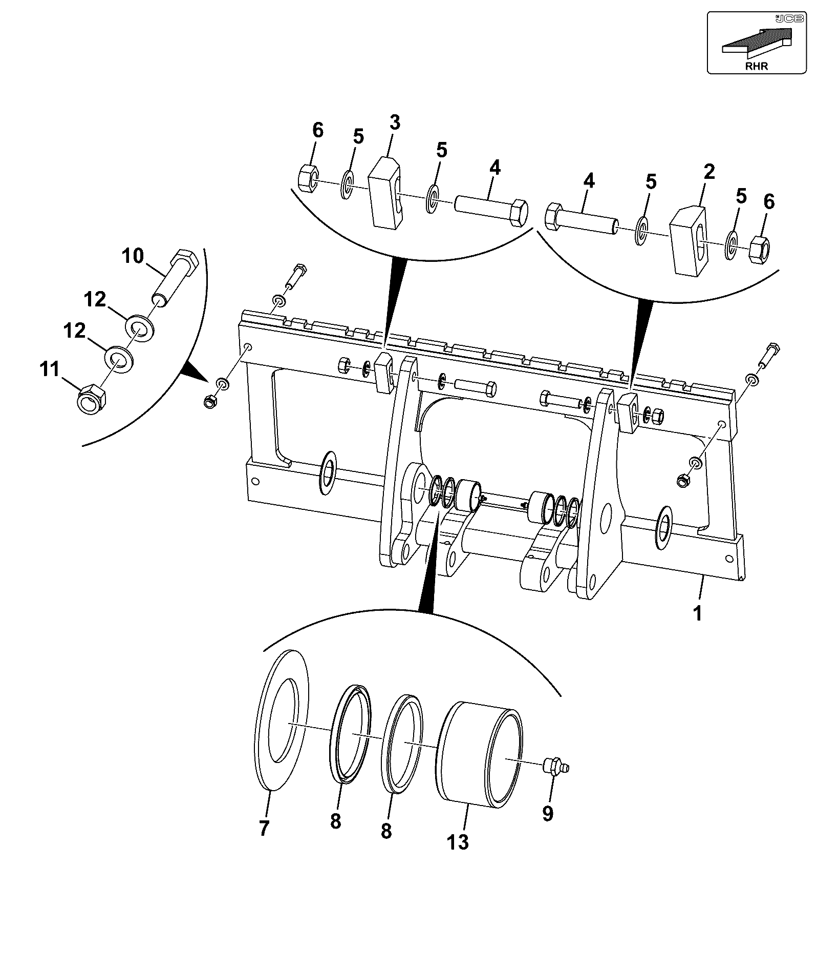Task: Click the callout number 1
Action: [x=697, y=613]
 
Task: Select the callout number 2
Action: [x=709, y=172]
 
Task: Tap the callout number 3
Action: [x=394, y=123]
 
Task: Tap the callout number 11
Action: [x=50, y=368]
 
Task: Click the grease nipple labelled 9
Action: [x=555, y=767]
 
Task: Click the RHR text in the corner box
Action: [x=757, y=66]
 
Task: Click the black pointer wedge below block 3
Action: [x=394, y=297]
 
